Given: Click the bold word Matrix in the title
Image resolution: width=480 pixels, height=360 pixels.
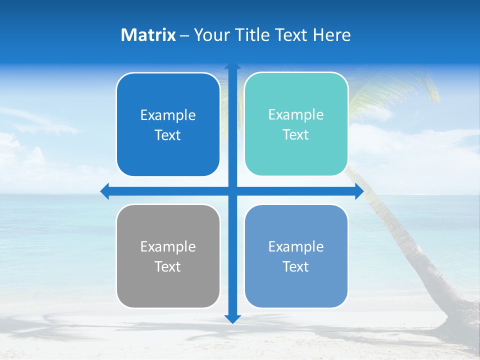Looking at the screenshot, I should click(148, 35).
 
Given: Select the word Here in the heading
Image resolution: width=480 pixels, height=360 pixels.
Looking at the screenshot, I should click(332, 35).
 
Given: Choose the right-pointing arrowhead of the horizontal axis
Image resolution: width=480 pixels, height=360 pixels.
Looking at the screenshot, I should click(359, 191).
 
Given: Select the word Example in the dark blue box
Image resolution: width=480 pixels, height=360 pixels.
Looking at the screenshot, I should click(168, 115).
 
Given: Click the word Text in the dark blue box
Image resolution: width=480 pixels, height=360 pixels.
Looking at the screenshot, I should click(168, 135).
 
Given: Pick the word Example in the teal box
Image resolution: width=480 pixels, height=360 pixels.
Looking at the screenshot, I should click(296, 115).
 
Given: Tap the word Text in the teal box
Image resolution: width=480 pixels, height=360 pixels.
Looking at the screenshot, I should click(296, 135).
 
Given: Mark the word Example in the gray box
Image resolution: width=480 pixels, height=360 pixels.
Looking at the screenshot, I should click(168, 247).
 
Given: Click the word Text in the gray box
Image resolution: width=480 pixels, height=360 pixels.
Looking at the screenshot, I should click(168, 267).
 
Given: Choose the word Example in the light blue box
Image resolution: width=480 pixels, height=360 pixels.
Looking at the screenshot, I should click(296, 247).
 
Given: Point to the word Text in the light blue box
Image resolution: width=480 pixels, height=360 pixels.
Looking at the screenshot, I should click(296, 267).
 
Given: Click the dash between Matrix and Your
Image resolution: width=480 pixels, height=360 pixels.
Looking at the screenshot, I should click(184, 35).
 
